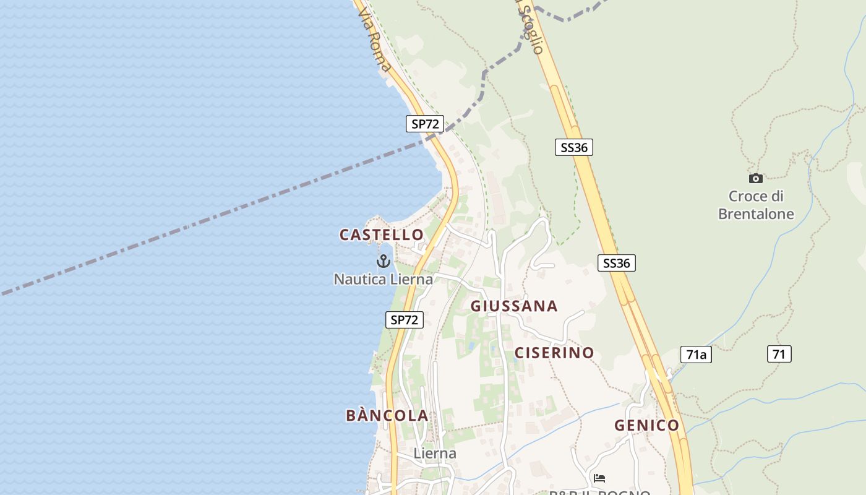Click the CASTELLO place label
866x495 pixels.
click(x=381, y=235)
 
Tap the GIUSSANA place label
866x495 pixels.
click(x=514, y=306)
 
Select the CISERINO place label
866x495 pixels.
click(x=554, y=353)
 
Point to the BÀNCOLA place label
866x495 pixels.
click(x=387, y=415)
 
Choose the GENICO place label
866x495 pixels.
click(x=646, y=426)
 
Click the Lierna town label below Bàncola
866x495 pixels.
click(x=435, y=454)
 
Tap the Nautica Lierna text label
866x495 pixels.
click(x=384, y=279)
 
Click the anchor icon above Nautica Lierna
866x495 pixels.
click(x=384, y=261)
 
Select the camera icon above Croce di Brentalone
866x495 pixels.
click(x=755, y=179)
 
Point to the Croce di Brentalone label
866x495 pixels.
click(x=756, y=205)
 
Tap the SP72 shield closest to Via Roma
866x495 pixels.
click(x=425, y=124)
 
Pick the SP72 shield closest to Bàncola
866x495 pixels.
click(x=405, y=320)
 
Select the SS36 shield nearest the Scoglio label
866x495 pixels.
click(x=573, y=147)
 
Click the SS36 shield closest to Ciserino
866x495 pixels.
click(x=617, y=263)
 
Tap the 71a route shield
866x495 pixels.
click(x=696, y=355)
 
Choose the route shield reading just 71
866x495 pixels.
click(x=779, y=355)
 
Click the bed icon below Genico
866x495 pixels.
click(x=599, y=478)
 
